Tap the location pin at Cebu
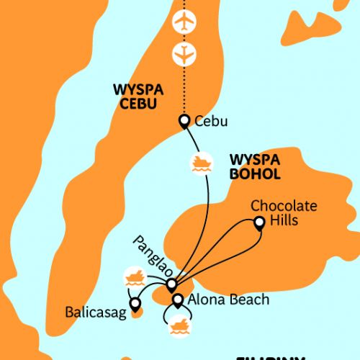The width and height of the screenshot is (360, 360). (x=184, y=120)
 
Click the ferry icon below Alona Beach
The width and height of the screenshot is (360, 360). (x=180, y=325)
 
